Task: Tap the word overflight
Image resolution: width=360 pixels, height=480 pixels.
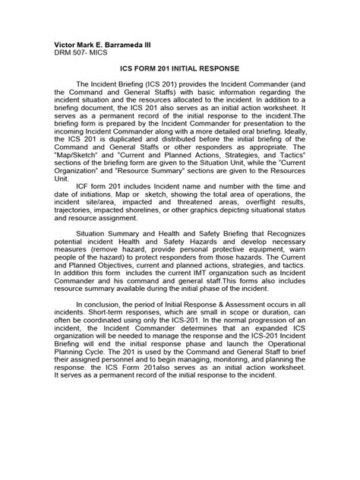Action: (264, 226)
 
